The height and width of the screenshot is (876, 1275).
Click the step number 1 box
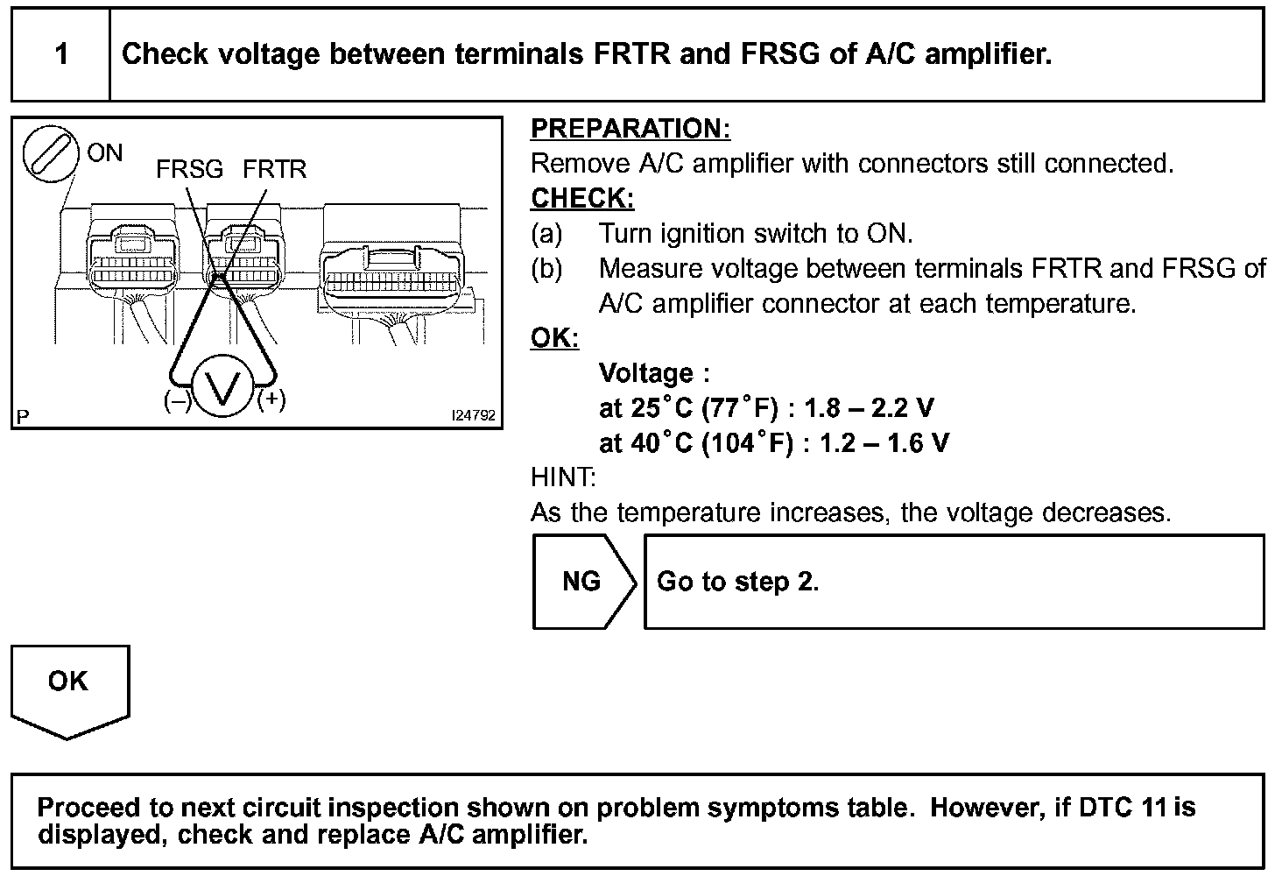60,55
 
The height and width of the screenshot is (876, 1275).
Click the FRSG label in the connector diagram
189,168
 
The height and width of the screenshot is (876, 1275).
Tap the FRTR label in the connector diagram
274,168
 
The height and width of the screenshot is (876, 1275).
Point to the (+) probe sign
271,399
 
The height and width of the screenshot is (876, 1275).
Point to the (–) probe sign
177,400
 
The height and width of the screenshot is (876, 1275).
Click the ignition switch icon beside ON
49,156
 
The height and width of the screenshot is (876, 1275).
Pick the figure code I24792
473,415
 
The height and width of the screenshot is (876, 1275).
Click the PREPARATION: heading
630,129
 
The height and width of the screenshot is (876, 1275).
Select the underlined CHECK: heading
582,199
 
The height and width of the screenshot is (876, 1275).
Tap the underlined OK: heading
554,338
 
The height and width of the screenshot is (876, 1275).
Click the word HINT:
563,477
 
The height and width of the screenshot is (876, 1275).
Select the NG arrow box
583,582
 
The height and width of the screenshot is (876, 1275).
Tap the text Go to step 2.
737,582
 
